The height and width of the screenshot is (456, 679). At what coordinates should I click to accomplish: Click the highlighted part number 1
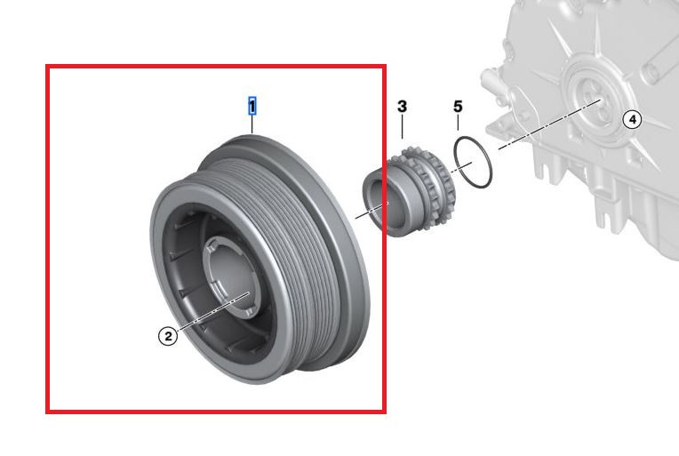[x=252, y=107]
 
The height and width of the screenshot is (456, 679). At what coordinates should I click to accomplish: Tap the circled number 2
[x=167, y=336]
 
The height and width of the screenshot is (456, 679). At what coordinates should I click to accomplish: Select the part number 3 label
[x=402, y=107]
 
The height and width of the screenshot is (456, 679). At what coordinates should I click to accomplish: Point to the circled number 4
[x=631, y=119]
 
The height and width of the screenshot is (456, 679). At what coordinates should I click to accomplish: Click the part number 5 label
[x=458, y=107]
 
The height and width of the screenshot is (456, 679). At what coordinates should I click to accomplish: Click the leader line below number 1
[x=252, y=124]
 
